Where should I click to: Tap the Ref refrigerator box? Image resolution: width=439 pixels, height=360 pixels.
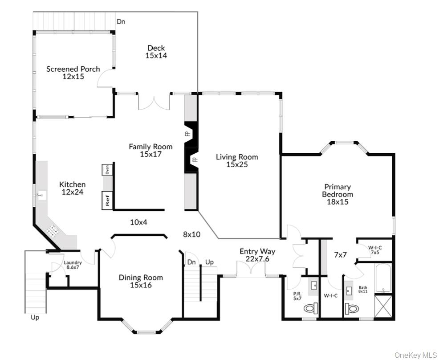click(107, 200)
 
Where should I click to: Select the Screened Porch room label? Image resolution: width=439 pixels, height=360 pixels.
click(73, 73)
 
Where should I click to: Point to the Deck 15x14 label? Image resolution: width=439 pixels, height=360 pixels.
click(156, 52)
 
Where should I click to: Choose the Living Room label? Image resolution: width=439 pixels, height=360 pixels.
click(237, 160)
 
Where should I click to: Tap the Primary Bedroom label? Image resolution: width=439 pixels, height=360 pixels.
click(337, 194)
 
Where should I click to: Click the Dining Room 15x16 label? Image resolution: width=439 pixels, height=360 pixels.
click(141, 281)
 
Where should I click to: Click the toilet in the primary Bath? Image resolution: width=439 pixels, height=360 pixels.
click(351, 308)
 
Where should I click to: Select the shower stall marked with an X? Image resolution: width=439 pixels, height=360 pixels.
click(383, 306)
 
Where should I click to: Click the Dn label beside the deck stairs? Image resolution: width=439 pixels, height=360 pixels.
click(121, 21)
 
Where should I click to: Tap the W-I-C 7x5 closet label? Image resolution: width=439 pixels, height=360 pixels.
click(374, 250)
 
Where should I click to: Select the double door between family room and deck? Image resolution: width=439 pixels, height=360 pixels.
click(154, 102)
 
